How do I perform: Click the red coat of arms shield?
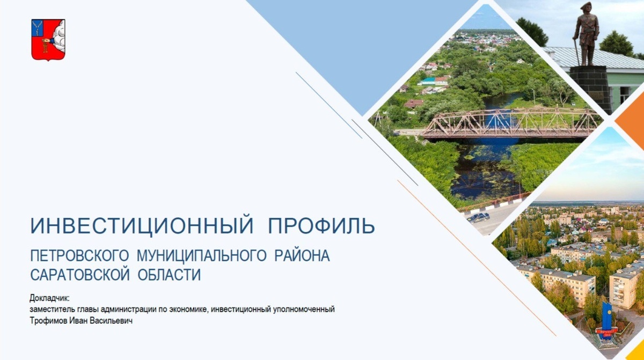pos(48,39)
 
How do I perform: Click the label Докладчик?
pos(50,299)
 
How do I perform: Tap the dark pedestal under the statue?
pos(591,89)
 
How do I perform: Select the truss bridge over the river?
pos(510,123)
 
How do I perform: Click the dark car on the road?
pos(478,217)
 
